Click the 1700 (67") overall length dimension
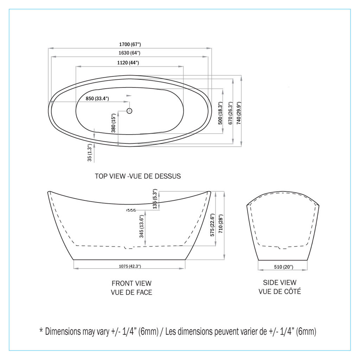pyautogui.click(x=130, y=44)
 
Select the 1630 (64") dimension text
pyautogui.click(x=129, y=53)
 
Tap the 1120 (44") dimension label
pyautogui.click(x=128, y=63)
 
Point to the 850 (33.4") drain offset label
pyautogui.click(x=97, y=98)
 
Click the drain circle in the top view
pyautogui.click(x=129, y=111)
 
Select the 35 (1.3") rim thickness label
pyautogui.click(x=90, y=153)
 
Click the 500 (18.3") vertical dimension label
pyautogui.click(x=220, y=113)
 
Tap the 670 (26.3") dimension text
pyautogui.click(x=231, y=113)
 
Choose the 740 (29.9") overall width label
pyautogui.click(x=239, y=113)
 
